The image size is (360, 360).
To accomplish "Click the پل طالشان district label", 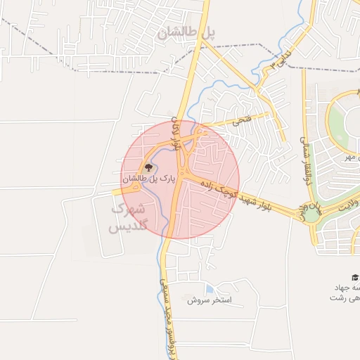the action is click(x=186, y=32).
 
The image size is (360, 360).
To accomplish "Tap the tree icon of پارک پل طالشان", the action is click(x=148, y=167).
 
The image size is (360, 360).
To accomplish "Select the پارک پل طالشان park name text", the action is click(x=150, y=179).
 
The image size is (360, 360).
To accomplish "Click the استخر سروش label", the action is click(x=214, y=300).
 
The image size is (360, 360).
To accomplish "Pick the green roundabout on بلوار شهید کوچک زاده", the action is click(x=311, y=213).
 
